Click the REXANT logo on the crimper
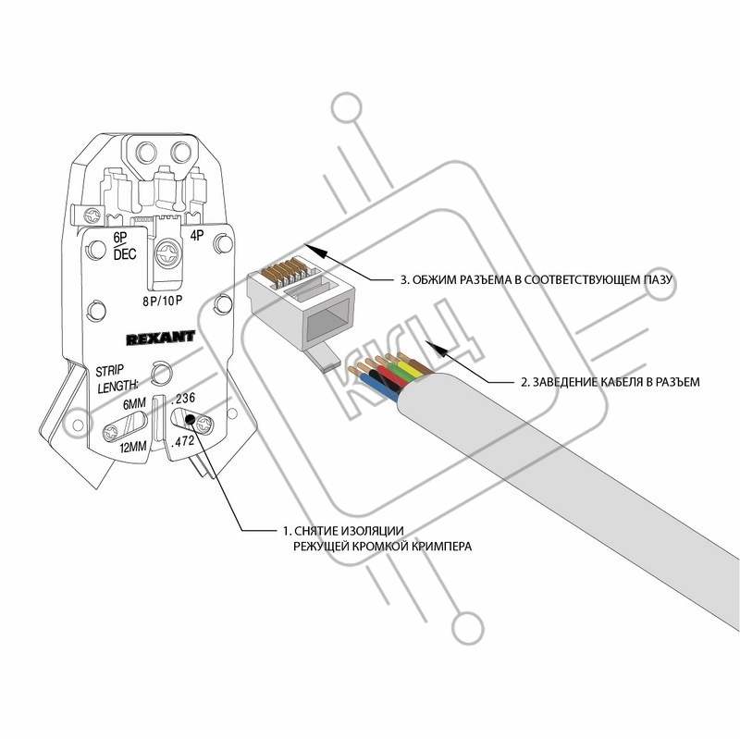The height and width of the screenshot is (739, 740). click(x=160, y=337)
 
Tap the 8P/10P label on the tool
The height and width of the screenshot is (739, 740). click(x=163, y=301)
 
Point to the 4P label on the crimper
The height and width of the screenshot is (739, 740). click(x=197, y=235)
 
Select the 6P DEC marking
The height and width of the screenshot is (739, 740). click(x=125, y=246)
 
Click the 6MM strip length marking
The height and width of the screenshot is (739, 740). click(x=134, y=404)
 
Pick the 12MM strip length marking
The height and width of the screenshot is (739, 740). click(x=133, y=446)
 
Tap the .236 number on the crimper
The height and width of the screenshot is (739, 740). click(x=182, y=400)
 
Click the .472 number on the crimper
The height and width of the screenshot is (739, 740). click(x=182, y=442)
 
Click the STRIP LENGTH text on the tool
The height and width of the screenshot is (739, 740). click(x=117, y=378)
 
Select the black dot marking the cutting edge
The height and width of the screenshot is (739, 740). click(x=191, y=419)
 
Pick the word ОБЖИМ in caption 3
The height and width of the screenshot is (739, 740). click(x=430, y=280)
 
